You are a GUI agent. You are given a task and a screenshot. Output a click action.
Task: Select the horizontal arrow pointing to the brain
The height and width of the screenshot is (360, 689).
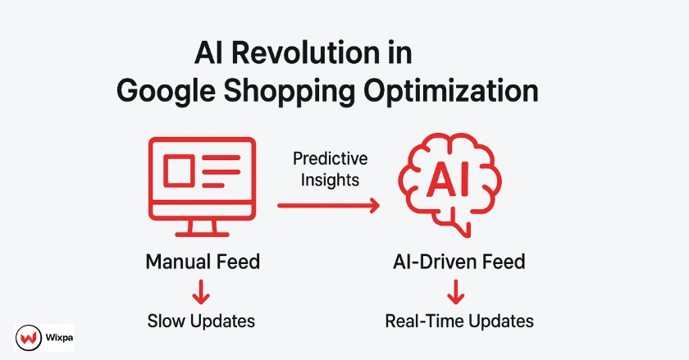pos(329,206)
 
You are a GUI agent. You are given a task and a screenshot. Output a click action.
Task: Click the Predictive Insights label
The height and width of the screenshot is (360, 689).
pos(330,168)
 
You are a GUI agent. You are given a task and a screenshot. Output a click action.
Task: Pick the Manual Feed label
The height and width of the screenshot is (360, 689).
pos(202,262)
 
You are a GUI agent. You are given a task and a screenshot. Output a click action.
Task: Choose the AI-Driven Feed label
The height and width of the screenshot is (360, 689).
pos(459,262)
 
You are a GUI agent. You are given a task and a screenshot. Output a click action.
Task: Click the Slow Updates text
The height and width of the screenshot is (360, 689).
pos(202,320)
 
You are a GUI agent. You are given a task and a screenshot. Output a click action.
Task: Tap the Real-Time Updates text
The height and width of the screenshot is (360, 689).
pos(459,320)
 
